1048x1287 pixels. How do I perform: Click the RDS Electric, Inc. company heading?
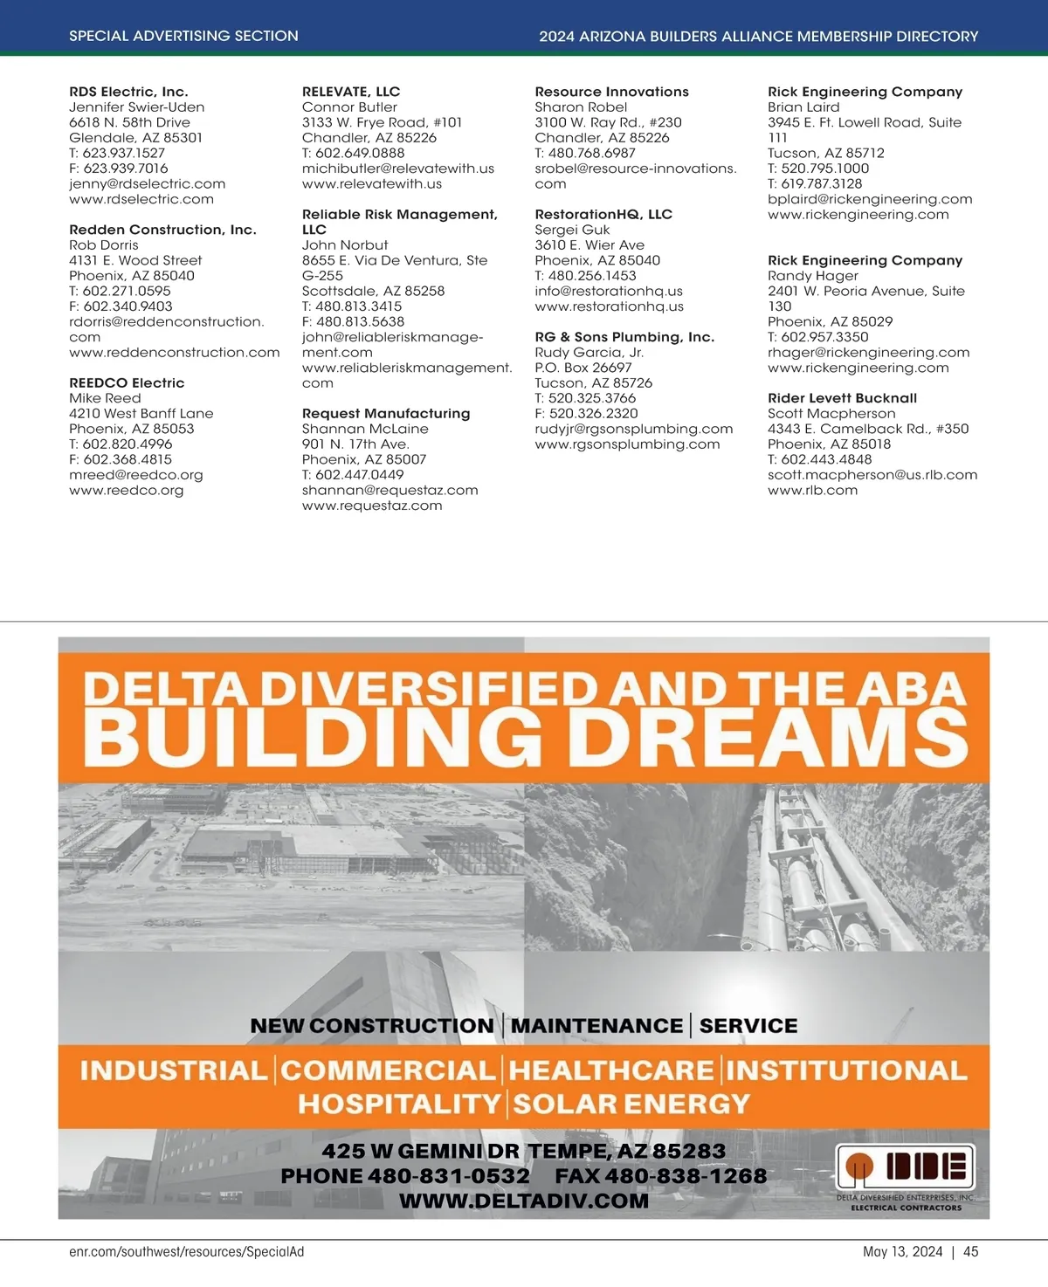[128, 92]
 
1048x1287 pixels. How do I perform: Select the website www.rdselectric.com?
[141, 199]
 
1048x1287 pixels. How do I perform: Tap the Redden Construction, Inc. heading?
[162, 230]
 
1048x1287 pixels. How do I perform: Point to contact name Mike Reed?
[105, 398]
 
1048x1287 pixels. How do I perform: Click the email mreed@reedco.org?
[135, 475]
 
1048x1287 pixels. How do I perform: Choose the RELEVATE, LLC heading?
[351, 92]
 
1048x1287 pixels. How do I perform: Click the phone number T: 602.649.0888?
[353, 153]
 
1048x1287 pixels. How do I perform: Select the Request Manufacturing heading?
[386, 414]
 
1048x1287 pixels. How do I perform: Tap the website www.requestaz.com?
[372, 506]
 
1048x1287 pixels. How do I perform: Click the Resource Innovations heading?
[611, 92]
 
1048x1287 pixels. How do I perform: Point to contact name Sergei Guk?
[572, 230]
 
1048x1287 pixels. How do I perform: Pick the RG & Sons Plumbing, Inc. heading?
[624, 337]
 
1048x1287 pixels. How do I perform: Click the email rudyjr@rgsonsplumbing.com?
[633, 429]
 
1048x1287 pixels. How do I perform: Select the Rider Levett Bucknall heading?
[842, 398]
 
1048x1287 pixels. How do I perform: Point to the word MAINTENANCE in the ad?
[596, 1026]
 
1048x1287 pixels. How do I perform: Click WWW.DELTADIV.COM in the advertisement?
[524, 1201]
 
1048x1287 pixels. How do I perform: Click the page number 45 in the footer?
[970, 1251]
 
